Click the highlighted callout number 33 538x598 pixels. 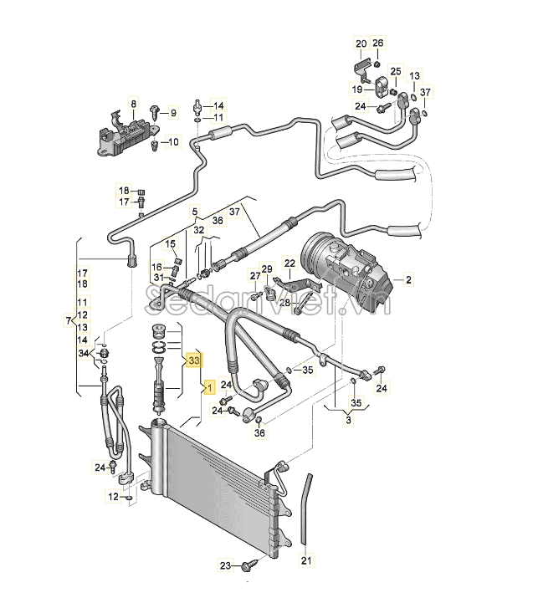[194, 360]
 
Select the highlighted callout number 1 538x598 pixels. [209, 388]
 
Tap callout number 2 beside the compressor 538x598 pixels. [408, 279]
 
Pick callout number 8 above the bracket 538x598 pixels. [134, 104]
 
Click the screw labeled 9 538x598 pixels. [156, 112]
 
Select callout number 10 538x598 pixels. [173, 142]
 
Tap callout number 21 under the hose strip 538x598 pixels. [306, 560]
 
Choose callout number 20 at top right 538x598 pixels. [361, 43]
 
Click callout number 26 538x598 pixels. [377, 43]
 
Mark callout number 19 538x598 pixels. [357, 89]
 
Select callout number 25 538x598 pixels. [396, 71]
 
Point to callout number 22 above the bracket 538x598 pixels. [290, 263]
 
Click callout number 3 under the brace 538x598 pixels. [348, 420]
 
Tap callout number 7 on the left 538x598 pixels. [69, 320]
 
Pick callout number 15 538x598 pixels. [170, 243]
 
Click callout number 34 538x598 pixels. [84, 353]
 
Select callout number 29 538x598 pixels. [267, 269]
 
